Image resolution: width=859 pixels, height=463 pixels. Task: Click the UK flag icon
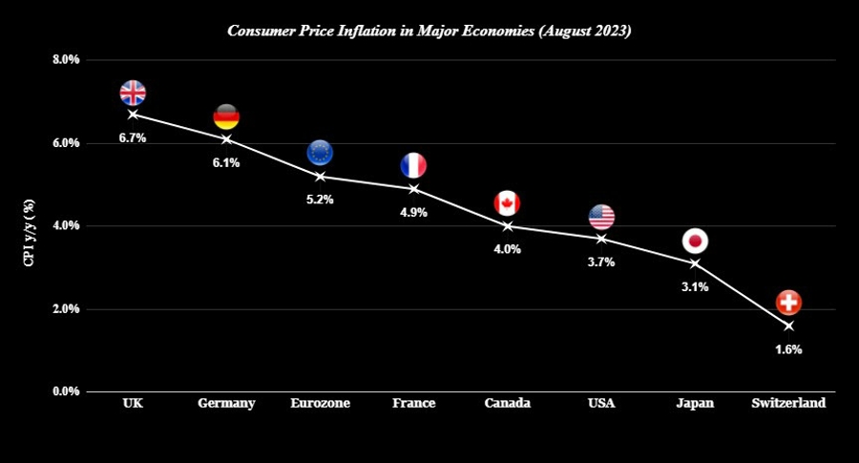(x=133, y=93)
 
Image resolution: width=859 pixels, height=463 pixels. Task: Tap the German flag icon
(x=226, y=116)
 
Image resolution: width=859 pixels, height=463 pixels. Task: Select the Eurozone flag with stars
(x=320, y=153)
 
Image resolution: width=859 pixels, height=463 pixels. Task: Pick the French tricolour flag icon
(x=413, y=165)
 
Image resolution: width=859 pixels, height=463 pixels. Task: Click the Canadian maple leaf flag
(x=508, y=203)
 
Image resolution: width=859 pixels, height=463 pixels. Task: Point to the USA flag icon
(x=601, y=217)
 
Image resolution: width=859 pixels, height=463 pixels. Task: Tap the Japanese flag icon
(x=695, y=242)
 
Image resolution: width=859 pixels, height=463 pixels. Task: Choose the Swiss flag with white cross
(x=789, y=303)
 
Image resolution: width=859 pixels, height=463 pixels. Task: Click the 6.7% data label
(x=133, y=138)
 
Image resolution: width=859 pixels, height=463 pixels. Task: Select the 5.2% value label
(x=320, y=200)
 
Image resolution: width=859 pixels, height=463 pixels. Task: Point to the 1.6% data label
(x=789, y=349)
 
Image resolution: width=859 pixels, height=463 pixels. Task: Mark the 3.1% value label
(x=695, y=286)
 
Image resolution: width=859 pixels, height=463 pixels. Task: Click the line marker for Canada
(x=508, y=226)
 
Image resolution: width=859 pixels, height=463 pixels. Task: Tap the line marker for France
(x=413, y=189)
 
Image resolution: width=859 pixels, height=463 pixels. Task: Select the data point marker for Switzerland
(x=789, y=326)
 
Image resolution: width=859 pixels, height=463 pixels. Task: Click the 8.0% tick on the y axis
(x=66, y=59)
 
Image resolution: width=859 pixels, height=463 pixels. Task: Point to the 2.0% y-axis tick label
(x=66, y=309)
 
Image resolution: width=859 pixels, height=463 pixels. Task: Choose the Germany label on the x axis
(x=226, y=403)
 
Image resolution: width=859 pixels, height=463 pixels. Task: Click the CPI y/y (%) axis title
(x=29, y=233)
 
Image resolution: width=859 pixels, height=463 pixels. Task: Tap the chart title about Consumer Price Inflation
(x=429, y=31)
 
